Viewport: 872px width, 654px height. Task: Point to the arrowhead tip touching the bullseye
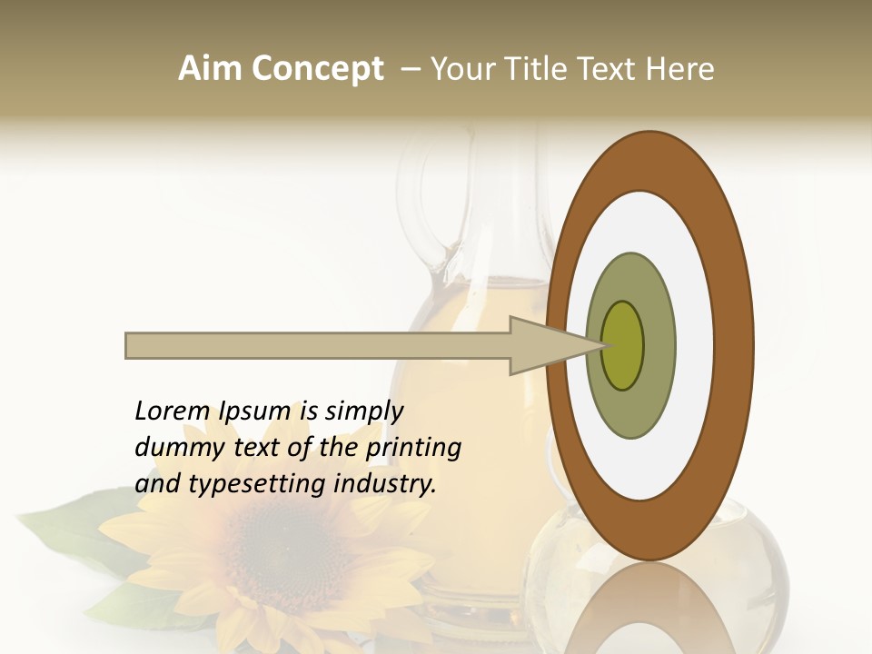(603, 345)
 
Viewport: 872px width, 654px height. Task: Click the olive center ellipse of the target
(623, 345)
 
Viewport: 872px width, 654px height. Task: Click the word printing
(413, 448)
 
